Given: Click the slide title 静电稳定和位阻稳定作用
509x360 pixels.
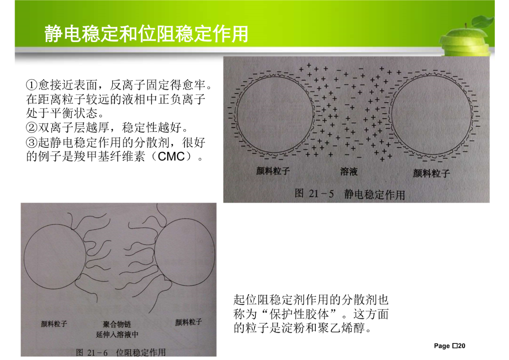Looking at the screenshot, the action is coord(147,34).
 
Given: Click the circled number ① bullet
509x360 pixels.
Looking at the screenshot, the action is coord(32,85).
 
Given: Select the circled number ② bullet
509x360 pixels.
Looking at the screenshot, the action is coord(32,127).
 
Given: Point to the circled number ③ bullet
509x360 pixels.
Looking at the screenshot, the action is coord(32,142).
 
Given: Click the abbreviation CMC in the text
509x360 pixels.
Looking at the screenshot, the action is coord(171,157).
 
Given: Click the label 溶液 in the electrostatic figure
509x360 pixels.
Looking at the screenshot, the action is coord(349,171).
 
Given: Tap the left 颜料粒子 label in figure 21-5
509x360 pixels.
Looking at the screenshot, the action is coord(273,171).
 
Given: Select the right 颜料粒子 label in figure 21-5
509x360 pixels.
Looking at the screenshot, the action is coord(431,173).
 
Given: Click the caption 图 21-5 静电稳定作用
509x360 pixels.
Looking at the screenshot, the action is coord(350,194).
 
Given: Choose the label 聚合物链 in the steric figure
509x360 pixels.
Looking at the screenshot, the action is coord(117,324).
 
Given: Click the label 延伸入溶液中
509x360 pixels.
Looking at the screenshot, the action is coord(117,335).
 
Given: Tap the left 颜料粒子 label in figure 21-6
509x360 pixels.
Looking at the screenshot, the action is coord(54,324).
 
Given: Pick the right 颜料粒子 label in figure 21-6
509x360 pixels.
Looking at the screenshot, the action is coord(188,322).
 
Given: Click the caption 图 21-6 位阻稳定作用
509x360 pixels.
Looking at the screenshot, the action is coord(121,352).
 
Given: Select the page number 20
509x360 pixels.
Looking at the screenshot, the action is coord(461,346).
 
